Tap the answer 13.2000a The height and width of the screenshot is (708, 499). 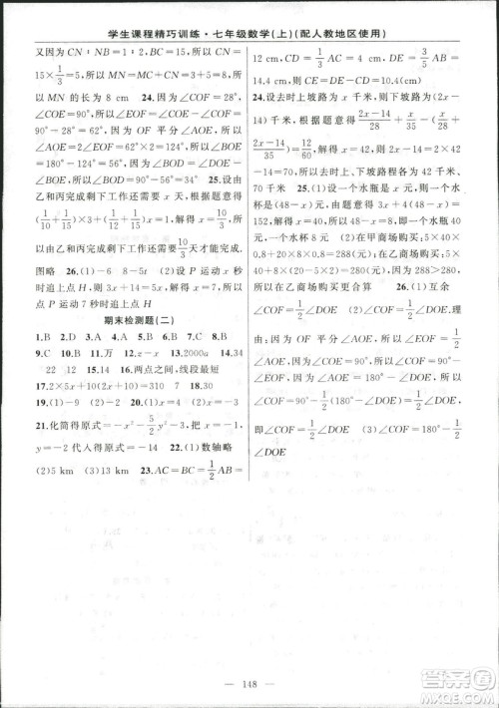(x=187, y=352)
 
